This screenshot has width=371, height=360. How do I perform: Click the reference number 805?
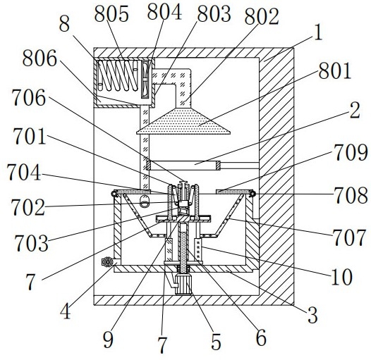point(111,13)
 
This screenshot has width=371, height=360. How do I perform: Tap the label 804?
point(164,12)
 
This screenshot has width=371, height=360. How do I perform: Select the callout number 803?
point(214,14)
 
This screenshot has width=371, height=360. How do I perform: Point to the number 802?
point(262,17)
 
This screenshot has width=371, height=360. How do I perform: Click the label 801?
point(334,71)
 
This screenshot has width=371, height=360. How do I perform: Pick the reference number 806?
point(39,58)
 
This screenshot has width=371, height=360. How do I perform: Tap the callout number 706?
point(28,97)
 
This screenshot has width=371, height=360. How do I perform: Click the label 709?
point(351,152)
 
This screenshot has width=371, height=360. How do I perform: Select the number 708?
point(351,195)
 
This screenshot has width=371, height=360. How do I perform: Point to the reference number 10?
point(342,277)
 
